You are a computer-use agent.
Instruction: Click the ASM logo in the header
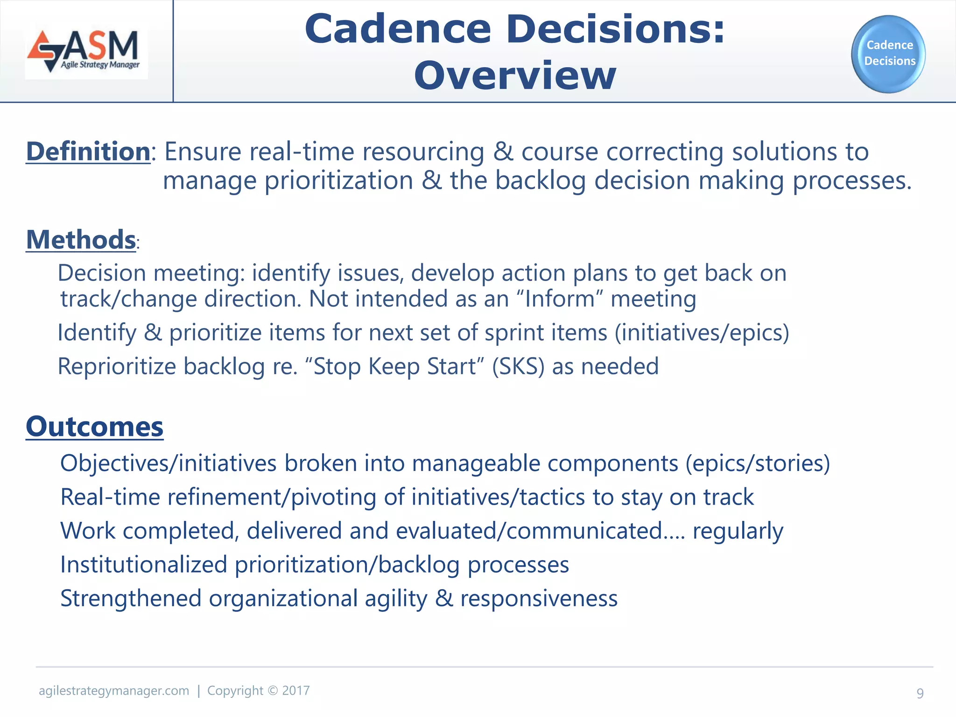(x=86, y=51)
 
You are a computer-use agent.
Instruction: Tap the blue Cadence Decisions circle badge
(x=888, y=54)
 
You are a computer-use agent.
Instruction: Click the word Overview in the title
(x=515, y=76)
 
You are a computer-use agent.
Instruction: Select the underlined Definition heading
(x=88, y=152)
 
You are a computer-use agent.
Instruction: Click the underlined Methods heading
(x=81, y=240)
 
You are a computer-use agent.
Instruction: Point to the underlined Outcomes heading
(x=94, y=427)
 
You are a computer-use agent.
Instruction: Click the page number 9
(x=920, y=693)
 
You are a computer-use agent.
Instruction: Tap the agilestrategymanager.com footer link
(x=114, y=691)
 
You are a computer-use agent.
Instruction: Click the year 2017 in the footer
(x=296, y=691)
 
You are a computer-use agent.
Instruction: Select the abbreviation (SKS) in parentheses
(x=518, y=366)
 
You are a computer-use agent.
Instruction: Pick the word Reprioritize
(x=117, y=366)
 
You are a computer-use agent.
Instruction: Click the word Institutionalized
(x=144, y=565)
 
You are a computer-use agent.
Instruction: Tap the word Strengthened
(x=131, y=598)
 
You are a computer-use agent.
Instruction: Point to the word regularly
(x=738, y=531)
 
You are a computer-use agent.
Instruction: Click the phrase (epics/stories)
(x=758, y=464)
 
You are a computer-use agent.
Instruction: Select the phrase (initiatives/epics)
(x=702, y=333)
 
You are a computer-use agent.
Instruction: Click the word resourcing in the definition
(x=423, y=152)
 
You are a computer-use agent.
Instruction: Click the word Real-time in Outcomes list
(x=110, y=497)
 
